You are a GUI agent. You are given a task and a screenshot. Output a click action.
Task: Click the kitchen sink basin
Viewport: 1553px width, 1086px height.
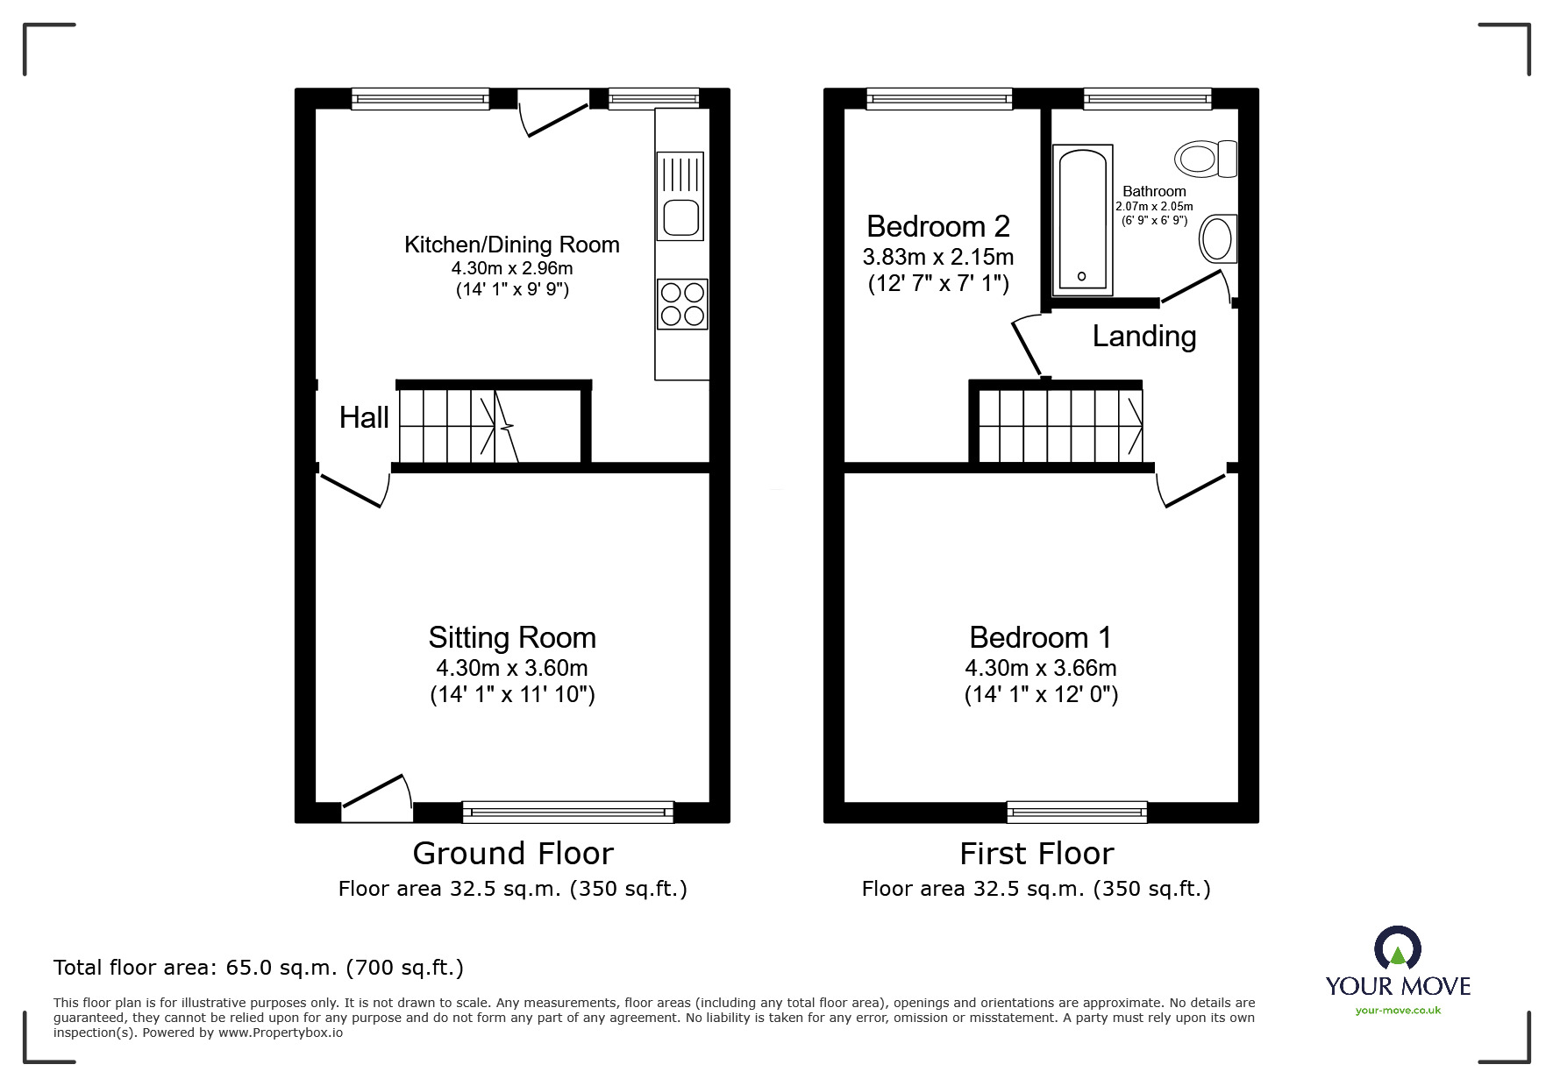click(680, 216)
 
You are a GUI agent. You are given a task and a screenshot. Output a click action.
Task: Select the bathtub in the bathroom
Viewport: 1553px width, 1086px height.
click(1082, 219)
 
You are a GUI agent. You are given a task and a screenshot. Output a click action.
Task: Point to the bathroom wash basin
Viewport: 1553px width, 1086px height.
click(1217, 238)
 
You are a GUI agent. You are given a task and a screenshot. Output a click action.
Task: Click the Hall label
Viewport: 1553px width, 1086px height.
click(364, 418)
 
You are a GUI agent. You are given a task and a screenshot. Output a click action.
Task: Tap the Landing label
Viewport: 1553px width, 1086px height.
click(1143, 337)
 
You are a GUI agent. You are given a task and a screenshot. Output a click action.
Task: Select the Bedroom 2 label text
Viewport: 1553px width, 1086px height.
click(937, 227)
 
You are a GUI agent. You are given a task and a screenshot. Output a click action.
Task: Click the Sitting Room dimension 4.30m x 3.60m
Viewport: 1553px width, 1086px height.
click(512, 668)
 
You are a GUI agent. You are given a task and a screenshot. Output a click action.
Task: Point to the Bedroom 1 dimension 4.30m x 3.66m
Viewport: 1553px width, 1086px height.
click(1040, 668)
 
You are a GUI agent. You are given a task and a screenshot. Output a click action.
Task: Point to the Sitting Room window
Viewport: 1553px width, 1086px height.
click(568, 812)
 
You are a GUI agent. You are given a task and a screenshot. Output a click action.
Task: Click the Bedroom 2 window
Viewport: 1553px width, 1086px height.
click(939, 99)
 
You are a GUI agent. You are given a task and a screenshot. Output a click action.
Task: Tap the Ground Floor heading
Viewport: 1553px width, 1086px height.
click(513, 853)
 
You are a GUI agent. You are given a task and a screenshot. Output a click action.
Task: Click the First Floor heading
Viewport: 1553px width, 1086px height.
click(1037, 853)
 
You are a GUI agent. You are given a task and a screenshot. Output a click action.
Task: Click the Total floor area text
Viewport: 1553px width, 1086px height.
click(259, 968)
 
